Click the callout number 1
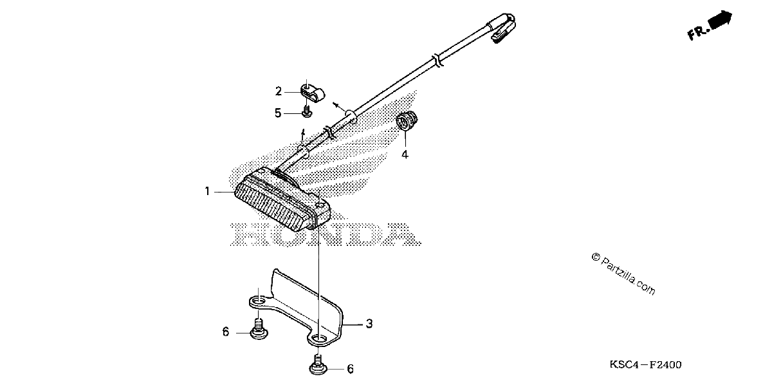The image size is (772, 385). [207, 191]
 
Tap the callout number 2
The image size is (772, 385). [279, 91]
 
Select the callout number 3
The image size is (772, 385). [369, 324]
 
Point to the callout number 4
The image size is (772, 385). [405, 155]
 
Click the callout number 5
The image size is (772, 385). [278, 113]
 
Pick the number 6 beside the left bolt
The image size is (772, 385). [225, 332]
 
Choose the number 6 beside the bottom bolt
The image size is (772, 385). [350, 369]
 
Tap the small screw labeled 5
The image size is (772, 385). [306, 111]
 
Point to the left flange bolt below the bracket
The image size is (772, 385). [259, 330]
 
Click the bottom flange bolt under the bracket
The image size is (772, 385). [318, 365]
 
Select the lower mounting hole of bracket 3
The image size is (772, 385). [318, 339]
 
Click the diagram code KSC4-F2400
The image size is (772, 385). [645, 365]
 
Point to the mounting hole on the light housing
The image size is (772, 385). [321, 205]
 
